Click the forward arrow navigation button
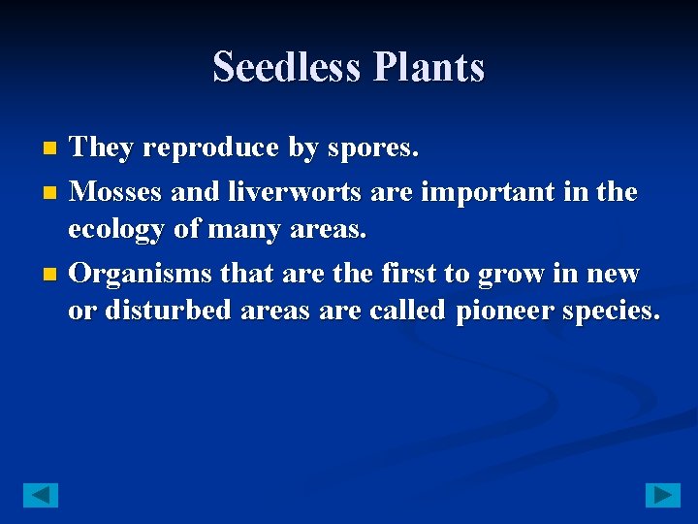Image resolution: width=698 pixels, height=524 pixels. coord(663,495)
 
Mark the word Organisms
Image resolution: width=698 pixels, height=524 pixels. coord(142,274)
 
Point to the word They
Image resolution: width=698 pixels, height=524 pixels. coord(103,148)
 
